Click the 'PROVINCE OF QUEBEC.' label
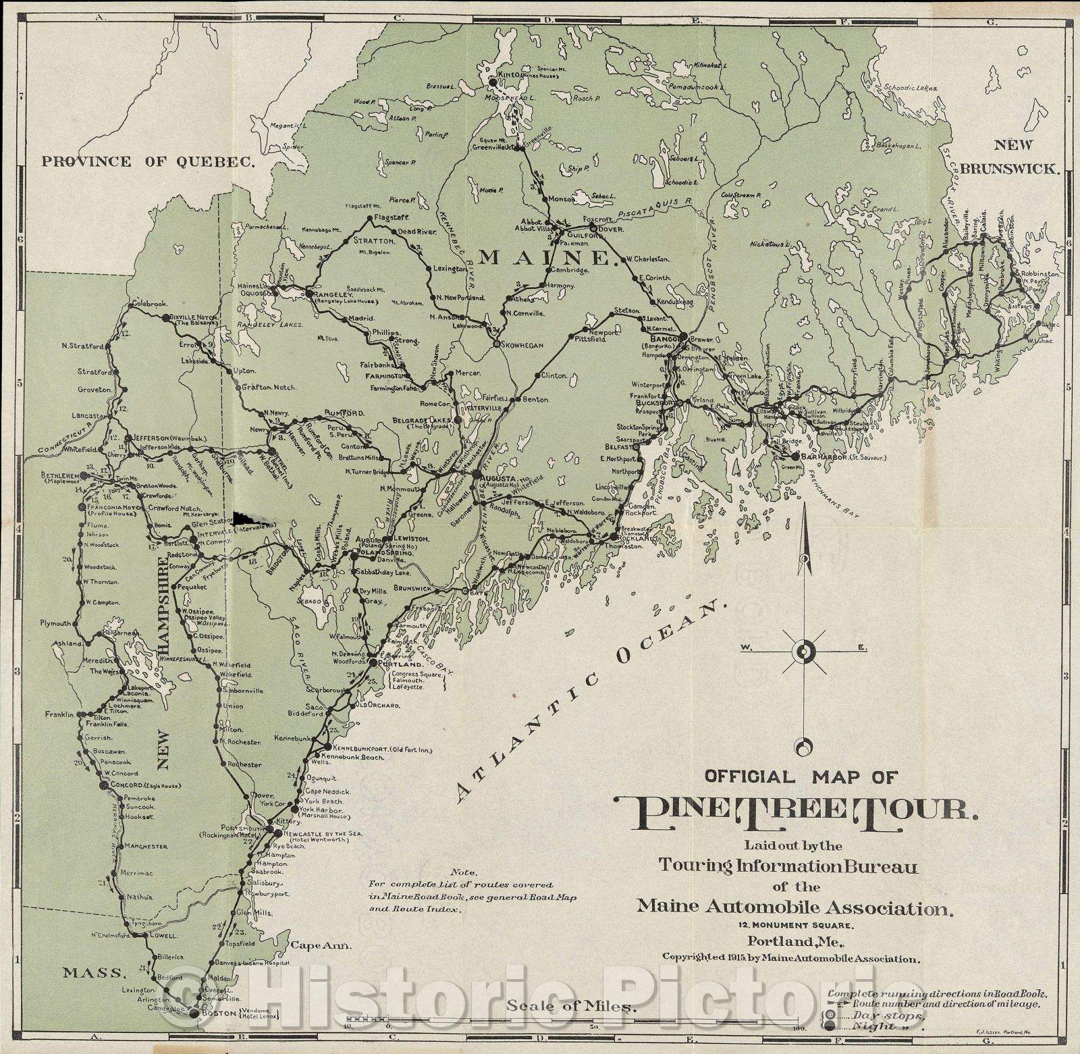coord(149,161)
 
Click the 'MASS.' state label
coord(94,973)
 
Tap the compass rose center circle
coord(803,651)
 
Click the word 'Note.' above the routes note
coord(466,872)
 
